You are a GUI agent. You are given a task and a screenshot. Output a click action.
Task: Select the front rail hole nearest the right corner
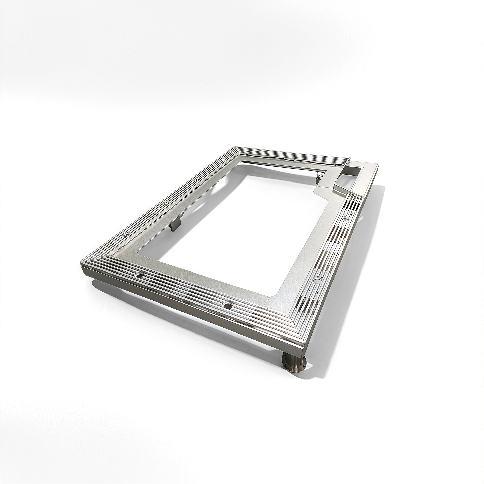(227, 306)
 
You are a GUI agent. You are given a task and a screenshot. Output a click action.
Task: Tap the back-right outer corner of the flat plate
(378, 165)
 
